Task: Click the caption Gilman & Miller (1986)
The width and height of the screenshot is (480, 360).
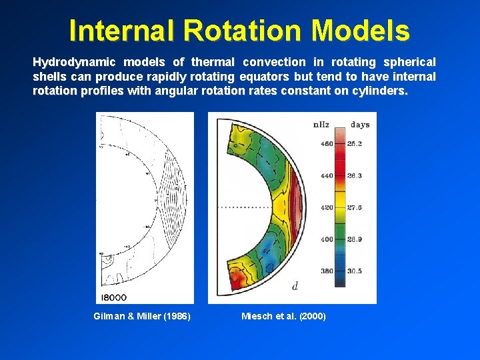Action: tap(142, 316)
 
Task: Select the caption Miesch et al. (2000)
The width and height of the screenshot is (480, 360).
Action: tap(283, 316)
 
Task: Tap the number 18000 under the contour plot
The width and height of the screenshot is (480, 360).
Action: tap(114, 297)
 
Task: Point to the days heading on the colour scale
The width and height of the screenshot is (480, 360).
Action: tap(360, 125)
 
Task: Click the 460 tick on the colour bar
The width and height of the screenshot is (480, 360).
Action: tap(327, 143)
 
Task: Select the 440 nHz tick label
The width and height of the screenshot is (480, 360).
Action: tap(327, 175)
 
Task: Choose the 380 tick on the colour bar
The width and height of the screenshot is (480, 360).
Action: tap(327, 271)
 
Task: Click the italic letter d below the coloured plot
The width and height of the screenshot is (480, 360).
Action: tap(295, 286)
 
